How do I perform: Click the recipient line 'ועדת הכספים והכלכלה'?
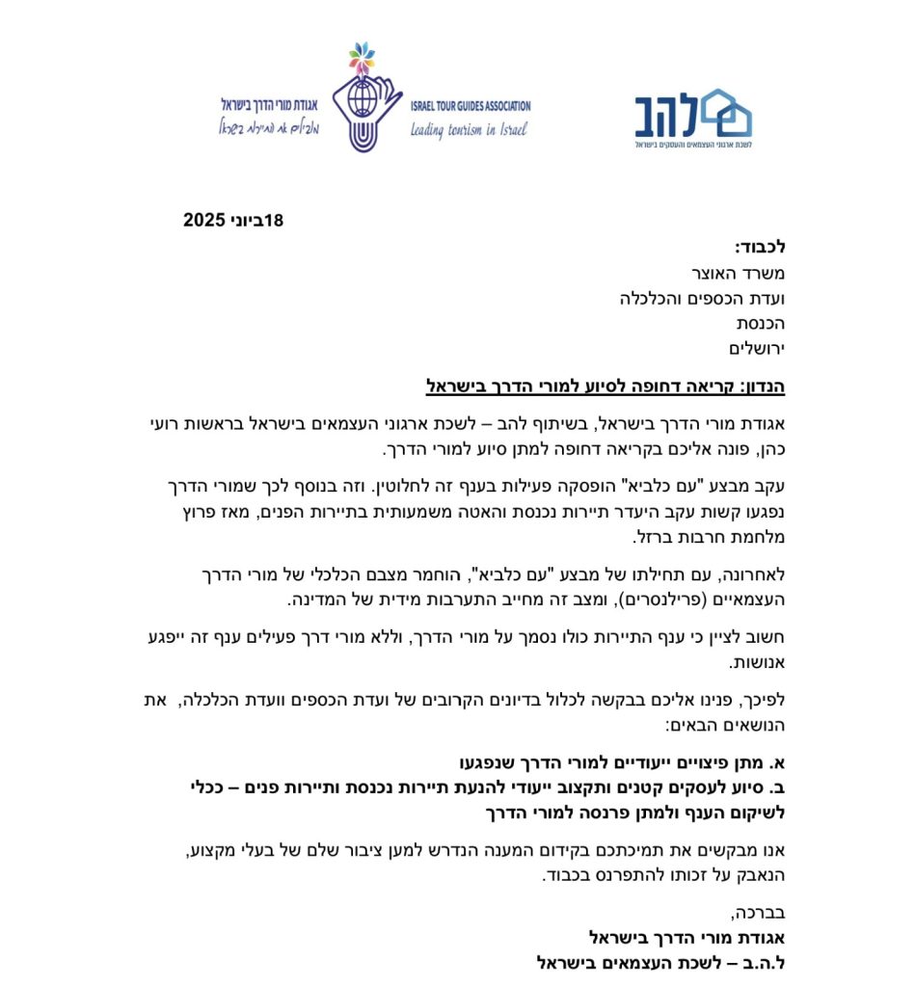[702, 299]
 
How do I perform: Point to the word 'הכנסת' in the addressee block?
[761, 324]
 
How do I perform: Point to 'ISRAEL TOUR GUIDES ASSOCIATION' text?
[470, 106]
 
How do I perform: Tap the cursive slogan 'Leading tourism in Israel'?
[468, 130]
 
